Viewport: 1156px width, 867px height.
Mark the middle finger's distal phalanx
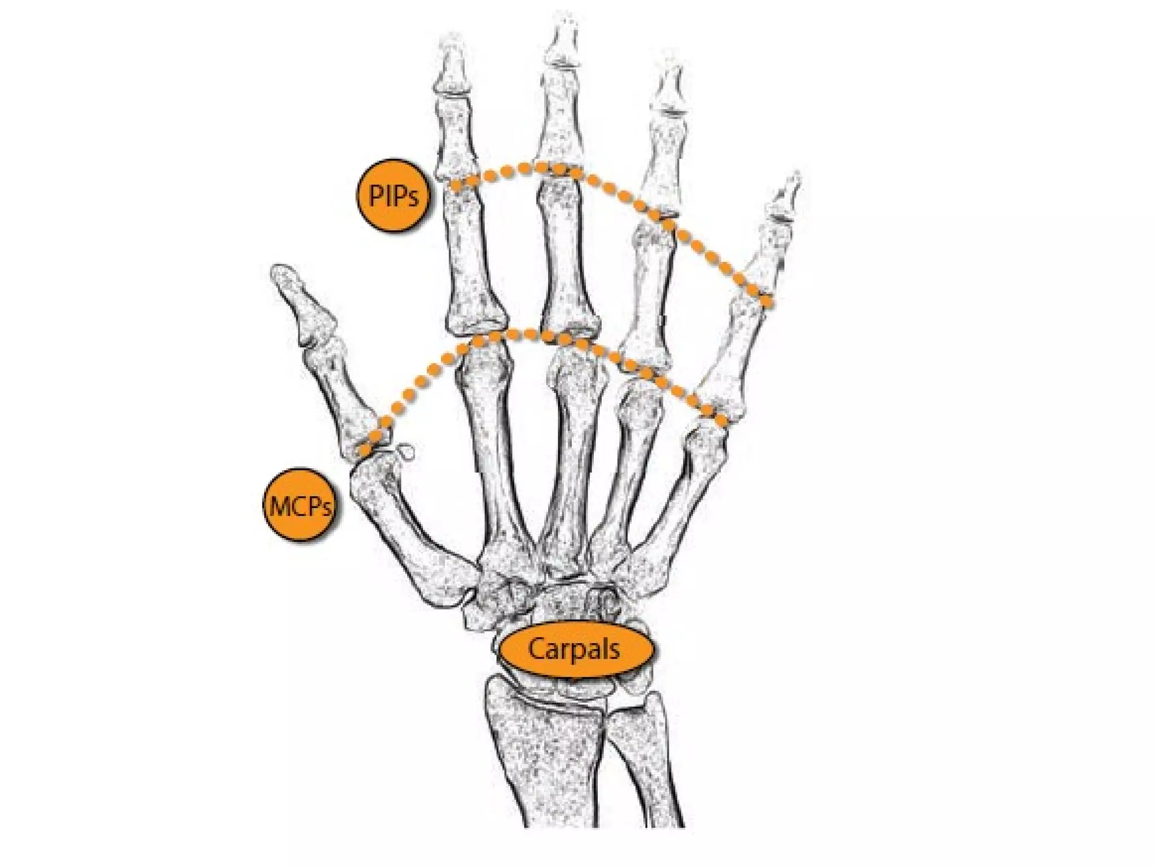(562, 45)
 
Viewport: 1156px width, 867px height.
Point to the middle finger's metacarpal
(567, 452)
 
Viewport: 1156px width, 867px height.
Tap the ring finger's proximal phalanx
(649, 299)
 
